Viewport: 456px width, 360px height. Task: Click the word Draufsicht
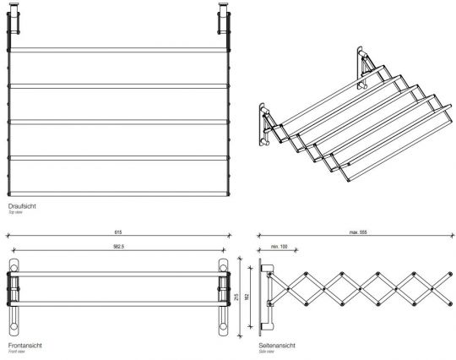[21, 205]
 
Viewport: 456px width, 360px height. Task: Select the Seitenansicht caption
[278, 346]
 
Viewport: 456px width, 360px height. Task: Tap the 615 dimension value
[119, 232]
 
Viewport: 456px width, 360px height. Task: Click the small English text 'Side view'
[269, 352]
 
